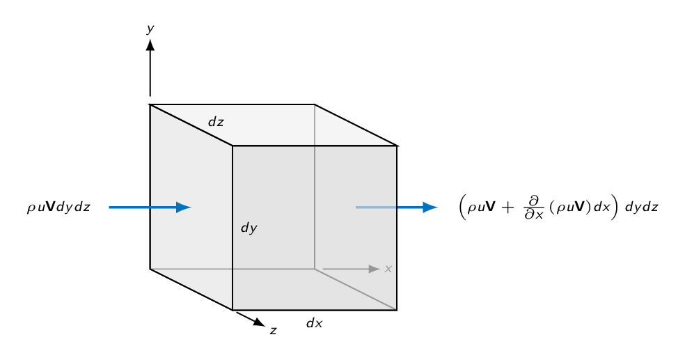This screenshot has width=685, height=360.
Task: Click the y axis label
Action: [150, 29]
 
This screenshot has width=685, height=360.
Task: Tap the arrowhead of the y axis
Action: [150, 45]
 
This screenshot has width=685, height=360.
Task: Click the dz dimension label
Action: [216, 122]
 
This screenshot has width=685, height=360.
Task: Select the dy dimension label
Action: [249, 228]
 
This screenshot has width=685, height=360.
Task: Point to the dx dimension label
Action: [315, 323]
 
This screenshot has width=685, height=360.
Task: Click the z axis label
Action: [273, 331]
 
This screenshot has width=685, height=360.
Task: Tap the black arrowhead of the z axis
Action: [259, 322]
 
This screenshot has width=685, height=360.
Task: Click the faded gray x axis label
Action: [388, 269]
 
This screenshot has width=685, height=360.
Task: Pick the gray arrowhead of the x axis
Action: [375, 269]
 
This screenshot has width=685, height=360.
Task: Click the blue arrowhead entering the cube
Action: [184, 207]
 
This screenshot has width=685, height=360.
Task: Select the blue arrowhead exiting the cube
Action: [430, 207]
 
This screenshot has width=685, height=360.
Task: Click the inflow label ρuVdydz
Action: [58, 207]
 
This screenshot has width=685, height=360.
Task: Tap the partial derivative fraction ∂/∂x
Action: [534, 208]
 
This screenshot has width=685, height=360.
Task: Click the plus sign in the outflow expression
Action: [508, 207]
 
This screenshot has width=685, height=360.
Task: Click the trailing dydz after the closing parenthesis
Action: [641, 207]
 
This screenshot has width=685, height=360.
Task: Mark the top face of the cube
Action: [274, 125]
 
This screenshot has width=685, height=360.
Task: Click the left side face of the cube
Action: [191, 207]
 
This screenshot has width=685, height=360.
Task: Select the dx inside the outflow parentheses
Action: [601, 207]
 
